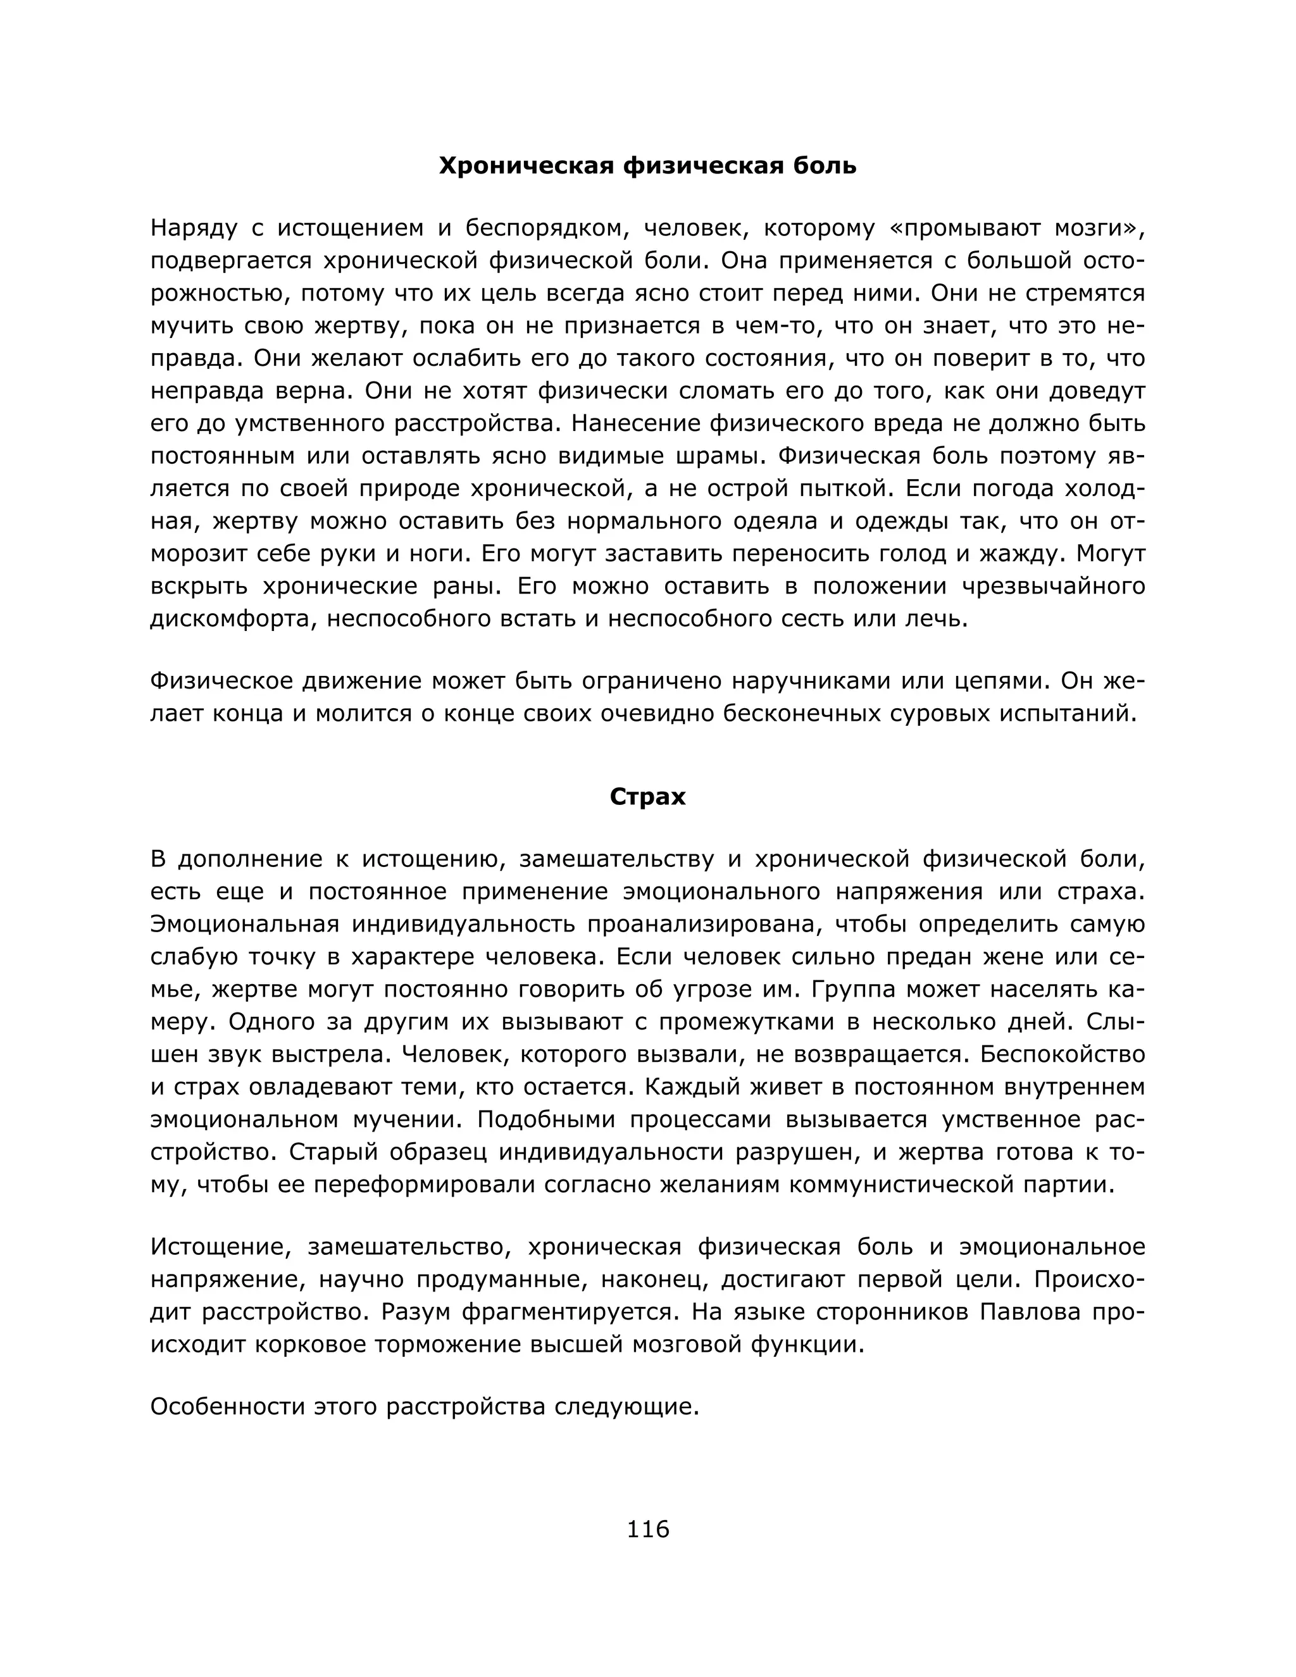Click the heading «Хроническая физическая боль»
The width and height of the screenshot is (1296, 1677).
pos(647,166)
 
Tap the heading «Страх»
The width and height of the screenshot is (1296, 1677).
pos(647,797)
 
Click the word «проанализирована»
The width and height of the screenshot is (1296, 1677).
pos(704,925)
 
